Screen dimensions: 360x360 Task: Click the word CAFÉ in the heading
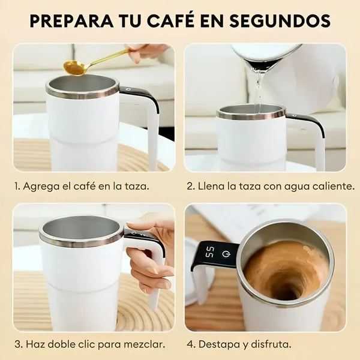click(170, 20)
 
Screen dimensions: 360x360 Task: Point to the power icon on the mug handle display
click(226, 253)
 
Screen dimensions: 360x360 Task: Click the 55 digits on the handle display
click(209, 253)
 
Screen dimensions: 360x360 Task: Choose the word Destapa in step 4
click(218, 345)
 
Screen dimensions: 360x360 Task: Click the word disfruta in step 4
click(271, 344)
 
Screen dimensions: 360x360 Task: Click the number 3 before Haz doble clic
click(19, 344)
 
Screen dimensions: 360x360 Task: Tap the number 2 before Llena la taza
click(191, 186)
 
